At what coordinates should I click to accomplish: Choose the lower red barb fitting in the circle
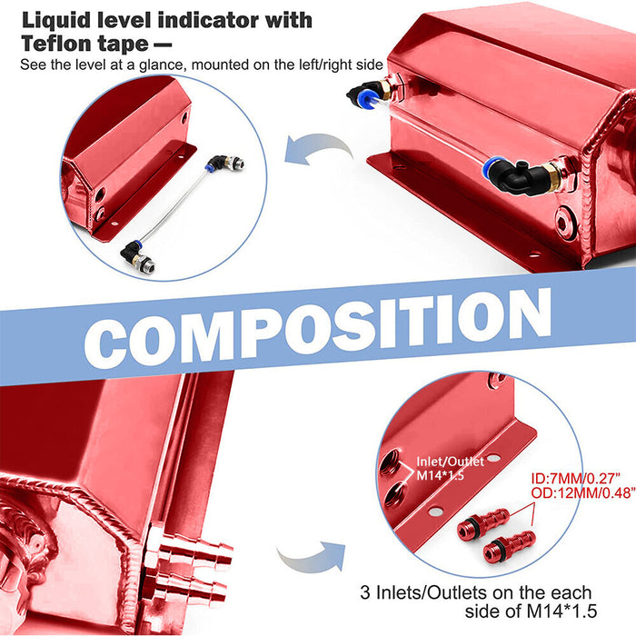(x=507, y=546)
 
